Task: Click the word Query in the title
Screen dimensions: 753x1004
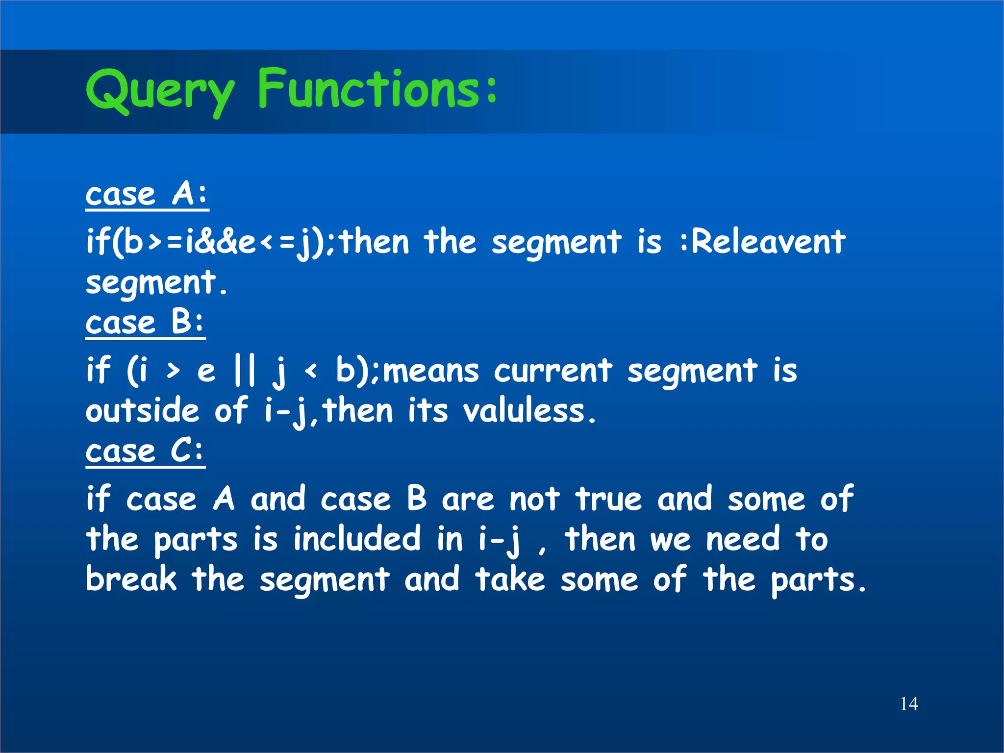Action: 159,91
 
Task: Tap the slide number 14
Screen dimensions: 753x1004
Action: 908,704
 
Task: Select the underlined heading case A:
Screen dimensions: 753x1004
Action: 147,195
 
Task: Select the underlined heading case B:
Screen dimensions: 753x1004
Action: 145,323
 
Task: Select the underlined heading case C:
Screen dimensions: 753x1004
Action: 145,452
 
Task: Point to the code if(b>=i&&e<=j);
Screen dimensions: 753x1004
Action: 211,243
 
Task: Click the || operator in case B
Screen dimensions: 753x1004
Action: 244,371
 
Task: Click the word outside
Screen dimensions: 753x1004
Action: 142,411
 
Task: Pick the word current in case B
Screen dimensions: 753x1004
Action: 552,371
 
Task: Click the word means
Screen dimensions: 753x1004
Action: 430,371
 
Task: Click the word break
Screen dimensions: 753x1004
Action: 130,579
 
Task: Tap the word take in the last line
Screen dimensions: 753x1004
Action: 510,579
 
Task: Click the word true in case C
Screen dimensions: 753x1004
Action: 608,500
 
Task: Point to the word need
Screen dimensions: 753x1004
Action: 742,539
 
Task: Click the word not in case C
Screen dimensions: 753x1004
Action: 534,500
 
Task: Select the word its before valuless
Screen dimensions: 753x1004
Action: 427,411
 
